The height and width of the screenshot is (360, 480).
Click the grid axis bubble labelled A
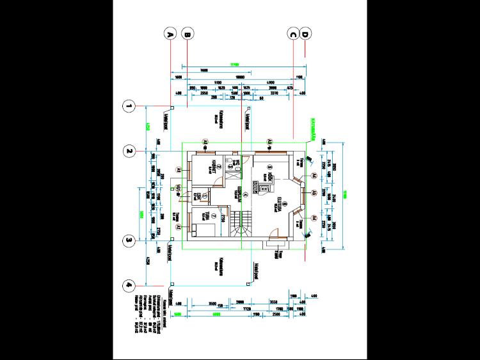pos(170,34)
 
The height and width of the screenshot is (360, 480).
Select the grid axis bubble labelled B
pos(188,34)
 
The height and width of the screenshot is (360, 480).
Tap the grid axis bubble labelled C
pos(293,34)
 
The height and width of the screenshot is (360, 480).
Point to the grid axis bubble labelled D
pos(306,34)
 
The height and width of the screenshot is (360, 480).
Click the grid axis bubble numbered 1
pos(129,107)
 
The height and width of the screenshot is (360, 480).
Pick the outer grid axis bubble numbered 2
pos(129,152)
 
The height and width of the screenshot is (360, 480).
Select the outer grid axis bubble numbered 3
pos(129,240)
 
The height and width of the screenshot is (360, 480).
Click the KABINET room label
pos(211,168)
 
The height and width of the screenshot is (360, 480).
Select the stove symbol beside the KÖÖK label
pos(261,187)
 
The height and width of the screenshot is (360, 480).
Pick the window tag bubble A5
pos(314,192)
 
